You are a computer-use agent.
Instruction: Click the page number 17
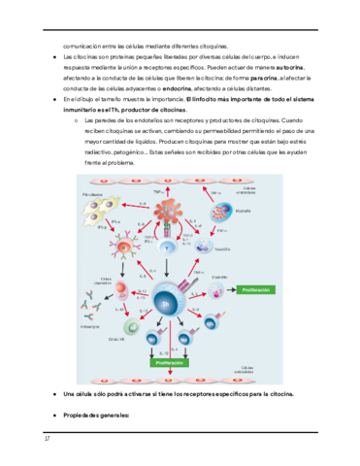click(x=46, y=438)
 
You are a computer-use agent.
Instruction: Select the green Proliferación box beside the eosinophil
click(x=273, y=289)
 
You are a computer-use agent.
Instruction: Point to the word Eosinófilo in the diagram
click(x=249, y=276)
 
